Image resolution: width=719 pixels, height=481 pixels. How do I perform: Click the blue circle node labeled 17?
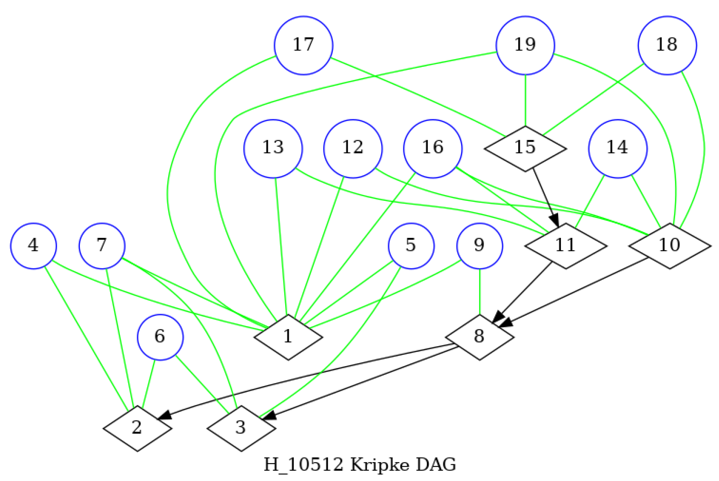click(x=303, y=45)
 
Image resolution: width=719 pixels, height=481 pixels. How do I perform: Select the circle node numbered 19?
click(x=525, y=45)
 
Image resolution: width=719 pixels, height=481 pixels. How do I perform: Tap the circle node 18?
click(x=667, y=45)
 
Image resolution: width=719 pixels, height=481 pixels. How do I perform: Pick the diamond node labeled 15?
click(x=525, y=148)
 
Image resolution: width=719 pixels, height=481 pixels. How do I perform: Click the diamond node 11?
click(x=565, y=246)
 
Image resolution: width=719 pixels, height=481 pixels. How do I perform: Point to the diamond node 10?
click(x=669, y=246)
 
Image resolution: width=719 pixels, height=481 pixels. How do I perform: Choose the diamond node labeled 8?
click(x=479, y=337)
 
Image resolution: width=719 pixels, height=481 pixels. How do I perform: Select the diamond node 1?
click(x=288, y=337)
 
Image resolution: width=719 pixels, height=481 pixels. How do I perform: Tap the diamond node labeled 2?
click(x=137, y=428)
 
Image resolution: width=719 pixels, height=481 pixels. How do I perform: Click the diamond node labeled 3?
click(x=241, y=428)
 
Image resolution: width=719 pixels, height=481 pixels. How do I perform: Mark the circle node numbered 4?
click(x=33, y=246)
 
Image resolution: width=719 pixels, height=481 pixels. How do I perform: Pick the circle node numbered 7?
click(x=102, y=246)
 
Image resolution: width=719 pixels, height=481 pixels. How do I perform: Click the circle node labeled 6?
click(x=160, y=337)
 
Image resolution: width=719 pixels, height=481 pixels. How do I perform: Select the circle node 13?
click(x=273, y=148)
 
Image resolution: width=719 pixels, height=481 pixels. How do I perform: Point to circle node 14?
click(x=618, y=148)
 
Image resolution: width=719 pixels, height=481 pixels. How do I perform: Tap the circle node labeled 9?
click(x=479, y=246)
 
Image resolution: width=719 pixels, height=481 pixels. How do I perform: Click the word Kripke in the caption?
click(x=374, y=464)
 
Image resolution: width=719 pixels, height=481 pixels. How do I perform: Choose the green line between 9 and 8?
click(x=479, y=292)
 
